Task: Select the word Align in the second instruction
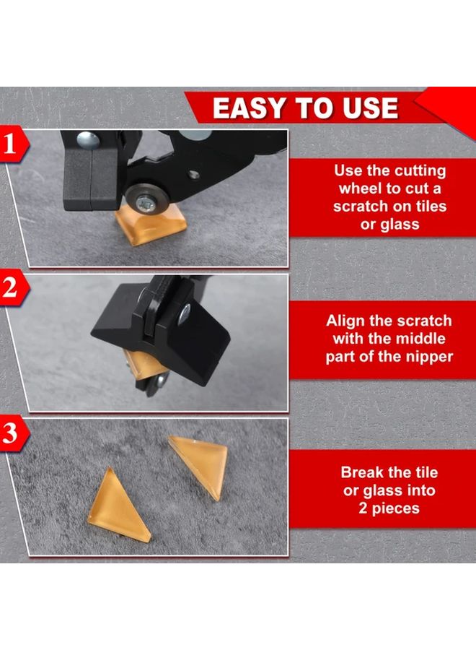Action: [x=348, y=321]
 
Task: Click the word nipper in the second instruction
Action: [x=428, y=356]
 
